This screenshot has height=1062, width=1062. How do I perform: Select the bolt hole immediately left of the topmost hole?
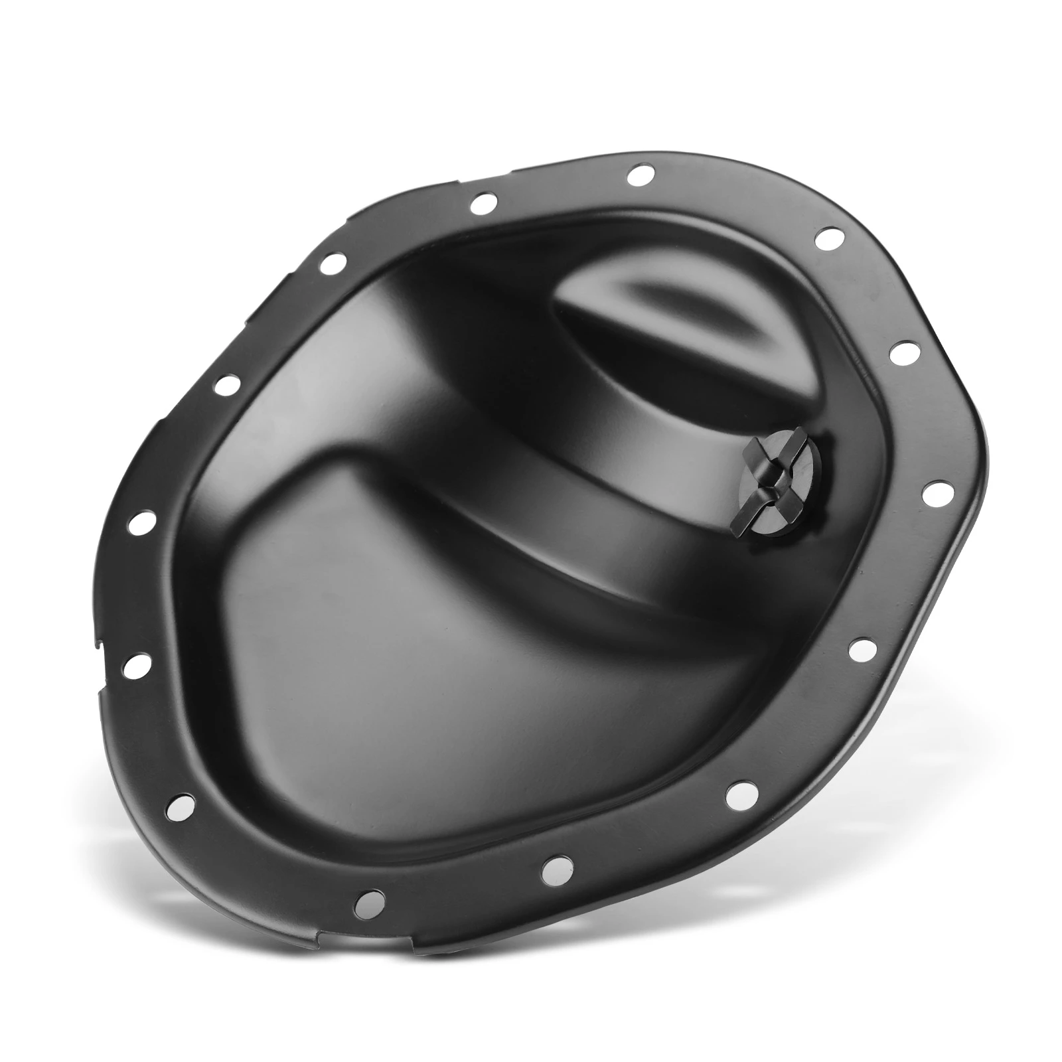(x=483, y=202)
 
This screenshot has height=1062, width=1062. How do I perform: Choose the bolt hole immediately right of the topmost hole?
(x=827, y=238)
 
